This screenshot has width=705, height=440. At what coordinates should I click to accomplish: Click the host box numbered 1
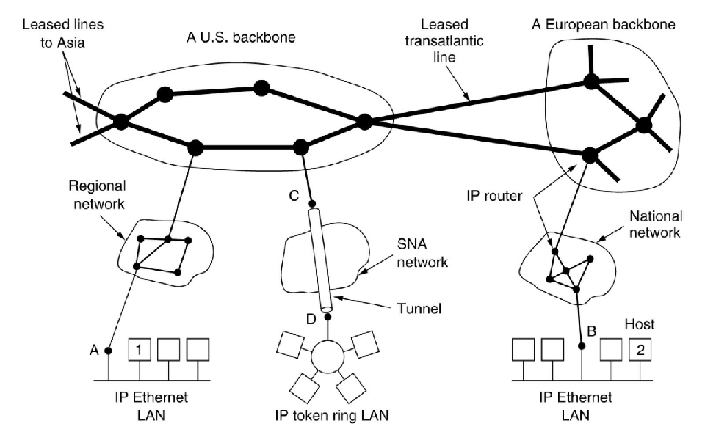coord(141,350)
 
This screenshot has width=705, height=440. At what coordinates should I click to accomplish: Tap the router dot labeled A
coord(109,351)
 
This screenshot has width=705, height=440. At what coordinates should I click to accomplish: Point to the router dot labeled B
coord(582,345)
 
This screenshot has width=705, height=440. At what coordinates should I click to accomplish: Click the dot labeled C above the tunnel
coord(312,203)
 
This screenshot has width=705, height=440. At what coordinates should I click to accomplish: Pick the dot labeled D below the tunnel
coord(328,318)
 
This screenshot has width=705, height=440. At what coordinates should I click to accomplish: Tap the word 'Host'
coord(640,322)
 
